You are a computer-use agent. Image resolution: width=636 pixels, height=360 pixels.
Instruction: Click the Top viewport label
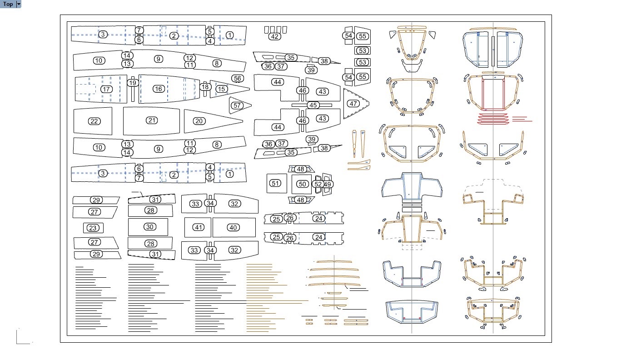click(8, 4)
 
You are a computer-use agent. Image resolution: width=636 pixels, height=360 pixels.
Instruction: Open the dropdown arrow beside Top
click(19, 4)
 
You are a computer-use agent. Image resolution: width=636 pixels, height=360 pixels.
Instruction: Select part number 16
click(158, 89)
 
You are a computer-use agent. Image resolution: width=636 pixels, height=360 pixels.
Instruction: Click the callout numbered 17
click(106, 89)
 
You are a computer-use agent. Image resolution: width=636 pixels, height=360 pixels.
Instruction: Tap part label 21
click(152, 120)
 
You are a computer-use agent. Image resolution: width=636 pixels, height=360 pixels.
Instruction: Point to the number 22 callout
click(94, 121)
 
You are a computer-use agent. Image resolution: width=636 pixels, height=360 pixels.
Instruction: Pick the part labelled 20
click(199, 121)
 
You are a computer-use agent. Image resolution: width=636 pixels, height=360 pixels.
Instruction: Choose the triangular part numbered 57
click(237, 105)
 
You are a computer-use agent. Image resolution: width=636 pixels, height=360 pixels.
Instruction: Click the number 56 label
click(237, 78)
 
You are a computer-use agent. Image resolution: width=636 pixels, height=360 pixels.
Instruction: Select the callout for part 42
click(274, 36)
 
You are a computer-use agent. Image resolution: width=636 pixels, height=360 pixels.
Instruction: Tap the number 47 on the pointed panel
click(353, 104)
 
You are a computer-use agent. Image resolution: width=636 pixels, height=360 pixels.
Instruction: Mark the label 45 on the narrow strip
click(313, 105)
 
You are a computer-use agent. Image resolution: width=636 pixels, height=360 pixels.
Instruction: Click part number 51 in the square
click(275, 183)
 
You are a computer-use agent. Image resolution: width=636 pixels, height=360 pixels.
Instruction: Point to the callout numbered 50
click(303, 184)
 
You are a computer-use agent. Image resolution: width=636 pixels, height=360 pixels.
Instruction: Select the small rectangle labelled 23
click(93, 228)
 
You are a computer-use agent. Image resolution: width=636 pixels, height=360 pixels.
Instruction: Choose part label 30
click(150, 227)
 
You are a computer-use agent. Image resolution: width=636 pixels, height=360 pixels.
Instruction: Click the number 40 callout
click(233, 227)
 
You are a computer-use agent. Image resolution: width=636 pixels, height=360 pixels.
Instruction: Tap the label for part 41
click(198, 227)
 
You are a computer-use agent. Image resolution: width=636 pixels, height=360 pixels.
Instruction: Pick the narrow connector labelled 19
click(133, 83)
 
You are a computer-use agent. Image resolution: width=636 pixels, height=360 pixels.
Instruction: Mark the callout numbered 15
click(222, 89)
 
